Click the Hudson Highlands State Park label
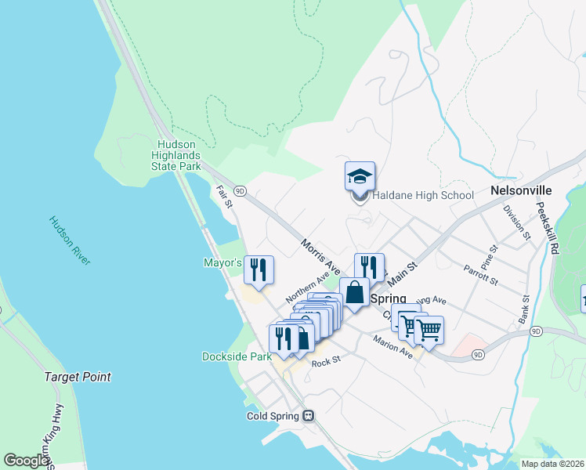(x=176, y=155)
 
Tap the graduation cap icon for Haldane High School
(x=360, y=176)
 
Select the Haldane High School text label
(x=422, y=195)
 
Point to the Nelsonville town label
(x=521, y=190)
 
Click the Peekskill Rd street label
(x=548, y=228)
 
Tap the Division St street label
(x=518, y=222)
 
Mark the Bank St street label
(x=526, y=310)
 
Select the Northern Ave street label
(x=306, y=289)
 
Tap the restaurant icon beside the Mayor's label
(x=259, y=269)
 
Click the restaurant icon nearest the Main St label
(x=369, y=267)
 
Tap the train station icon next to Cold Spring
(x=309, y=416)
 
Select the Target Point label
(x=78, y=377)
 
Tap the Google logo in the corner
(x=27, y=461)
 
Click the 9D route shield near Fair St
(x=240, y=190)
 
